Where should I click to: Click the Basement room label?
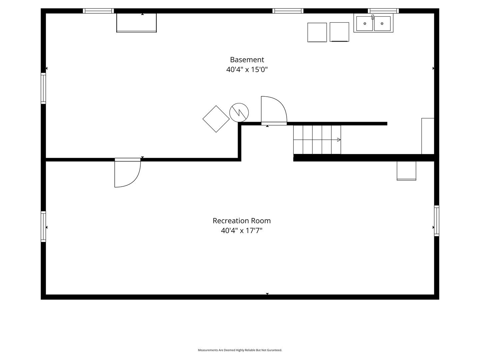pyautogui.click(x=247, y=60)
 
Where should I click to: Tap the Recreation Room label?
pyautogui.click(x=242, y=221)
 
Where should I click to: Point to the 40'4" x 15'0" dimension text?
pyautogui.click(x=247, y=70)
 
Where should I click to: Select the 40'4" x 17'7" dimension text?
pyautogui.click(x=242, y=231)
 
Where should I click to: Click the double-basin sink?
pyautogui.click(x=373, y=23)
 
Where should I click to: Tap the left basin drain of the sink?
pyautogui.click(x=365, y=24)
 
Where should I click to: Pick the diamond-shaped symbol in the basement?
pyautogui.click(x=216, y=119)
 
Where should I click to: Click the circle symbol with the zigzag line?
pyautogui.click(x=239, y=113)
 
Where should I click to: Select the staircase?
pyautogui.click(x=317, y=140)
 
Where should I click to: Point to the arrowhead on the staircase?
pyautogui.click(x=339, y=140)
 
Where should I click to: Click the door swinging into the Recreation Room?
pyautogui.click(x=127, y=173)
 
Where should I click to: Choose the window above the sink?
pyautogui.click(x=383, y=11)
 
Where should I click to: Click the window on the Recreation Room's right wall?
pyautogui.click(x=436, y=221)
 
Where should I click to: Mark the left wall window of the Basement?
pyautogui.click(x=43, y=88)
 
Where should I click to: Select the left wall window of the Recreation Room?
pyautogui.click(x=43, y=226)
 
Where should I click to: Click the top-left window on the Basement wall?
pyautogui.click(x=98, y=11)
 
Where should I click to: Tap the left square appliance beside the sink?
pyautogui.click(x=317, y=32)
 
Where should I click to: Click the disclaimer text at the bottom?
pyautogui.click(x=240, y=350)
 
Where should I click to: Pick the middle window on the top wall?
pyautogui.click(x=288, y=11)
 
